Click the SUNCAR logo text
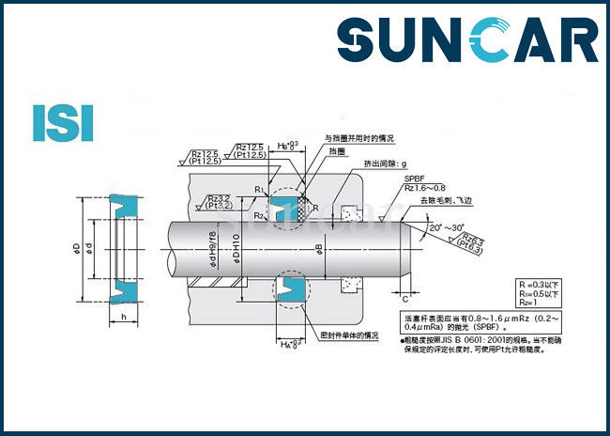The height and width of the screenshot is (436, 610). pos(466,42)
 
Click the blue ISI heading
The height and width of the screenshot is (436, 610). pos(63,122)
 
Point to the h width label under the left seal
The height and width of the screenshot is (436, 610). pos(124,318)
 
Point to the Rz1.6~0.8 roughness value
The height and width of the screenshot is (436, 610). pos(424,187)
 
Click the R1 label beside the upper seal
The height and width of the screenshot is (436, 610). pos(259,191)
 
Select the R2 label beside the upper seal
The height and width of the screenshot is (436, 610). pos(259,214)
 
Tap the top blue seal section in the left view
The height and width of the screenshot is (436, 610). pos(124,202)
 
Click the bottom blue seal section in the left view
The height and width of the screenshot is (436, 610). pos(124,293)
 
